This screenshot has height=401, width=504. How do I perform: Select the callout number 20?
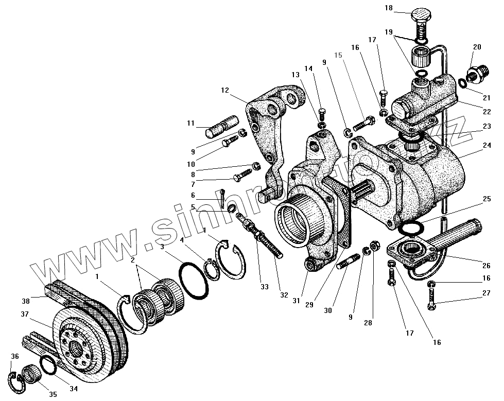click(477, 47)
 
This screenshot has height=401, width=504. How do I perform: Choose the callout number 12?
click(224, 90)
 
